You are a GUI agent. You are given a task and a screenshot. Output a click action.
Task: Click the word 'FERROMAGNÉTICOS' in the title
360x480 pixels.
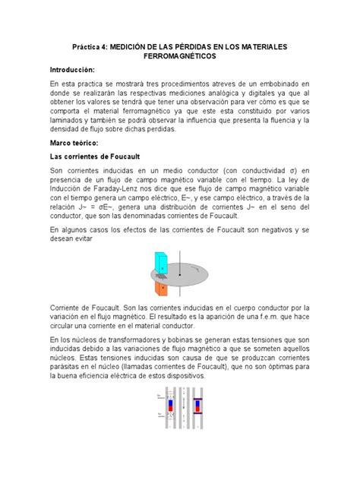click(x=181, y=56)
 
